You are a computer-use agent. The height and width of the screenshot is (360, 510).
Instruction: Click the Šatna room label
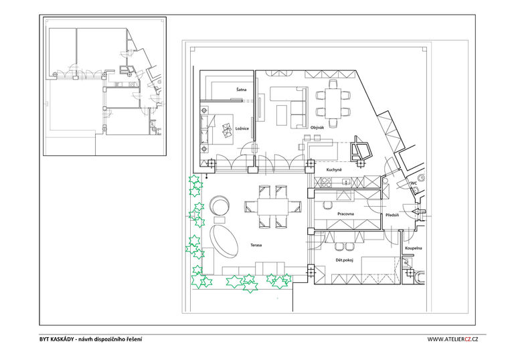[x=242, y=90]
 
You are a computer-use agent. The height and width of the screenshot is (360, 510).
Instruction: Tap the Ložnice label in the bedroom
[x=242, y=128]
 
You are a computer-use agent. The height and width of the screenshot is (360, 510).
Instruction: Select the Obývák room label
[x=317, y=128]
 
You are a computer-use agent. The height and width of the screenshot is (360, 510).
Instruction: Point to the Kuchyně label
[x=334, y=170]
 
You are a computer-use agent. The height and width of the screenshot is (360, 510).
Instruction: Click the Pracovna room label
[x=346, y=214]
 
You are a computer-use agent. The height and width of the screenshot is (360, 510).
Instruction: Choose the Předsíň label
[x=392, y=215]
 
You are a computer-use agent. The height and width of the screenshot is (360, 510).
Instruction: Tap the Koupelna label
[x=414, y=248]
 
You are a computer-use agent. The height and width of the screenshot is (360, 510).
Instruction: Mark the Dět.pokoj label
[x=345, y=260]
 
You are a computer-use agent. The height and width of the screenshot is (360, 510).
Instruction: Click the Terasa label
[x=256, y=245]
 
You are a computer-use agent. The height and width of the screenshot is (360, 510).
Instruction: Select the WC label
[x=414, y=183]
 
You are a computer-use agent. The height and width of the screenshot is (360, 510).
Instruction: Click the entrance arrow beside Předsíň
[x=418, y=211]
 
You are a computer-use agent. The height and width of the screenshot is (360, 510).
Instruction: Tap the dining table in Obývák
[x=333, y=104]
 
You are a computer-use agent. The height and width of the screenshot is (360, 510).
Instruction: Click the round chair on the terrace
[x=220, y=205]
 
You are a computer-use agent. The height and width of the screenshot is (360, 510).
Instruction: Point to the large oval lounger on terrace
[x=224, y=241]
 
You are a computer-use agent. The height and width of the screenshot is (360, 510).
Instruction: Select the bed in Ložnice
[x=217, y=129]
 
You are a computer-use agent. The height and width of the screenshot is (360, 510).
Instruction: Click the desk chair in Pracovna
[x=327, y=205]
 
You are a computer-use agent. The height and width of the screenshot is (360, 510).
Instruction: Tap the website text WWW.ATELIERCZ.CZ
[x=452, y=339]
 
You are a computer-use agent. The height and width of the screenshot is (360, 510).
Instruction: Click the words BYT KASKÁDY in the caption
[x=57, y=339]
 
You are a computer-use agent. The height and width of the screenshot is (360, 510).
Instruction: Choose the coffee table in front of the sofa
[x=282, y=115]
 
